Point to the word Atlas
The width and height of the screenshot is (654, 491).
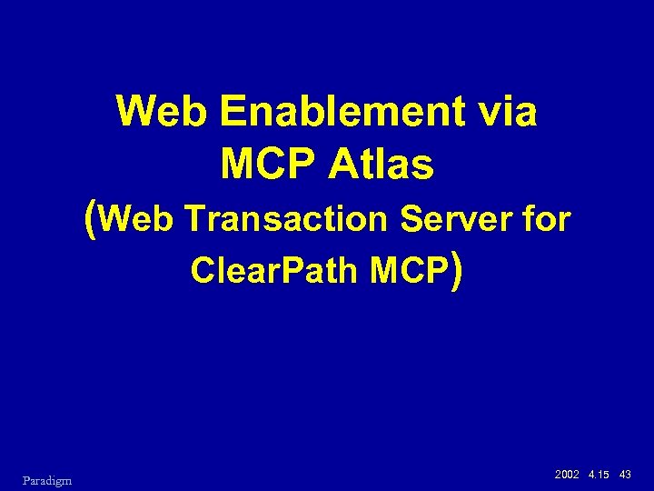pyautogui.click(x=384, y=165)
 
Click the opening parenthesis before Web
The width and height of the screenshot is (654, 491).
pyautogui.click(x=90, y=219)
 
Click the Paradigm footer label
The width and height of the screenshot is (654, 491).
pyautogui.click(x=48, y=479)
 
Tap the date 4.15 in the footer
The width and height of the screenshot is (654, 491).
pyautogui.click(x=599, y=476)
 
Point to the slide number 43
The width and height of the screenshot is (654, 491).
pyautogui.click(x=625, y=476)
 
